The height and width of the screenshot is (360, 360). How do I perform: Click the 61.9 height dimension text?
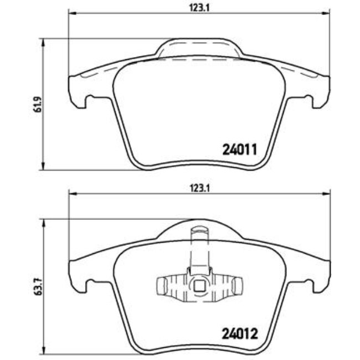click(x=37, y=104)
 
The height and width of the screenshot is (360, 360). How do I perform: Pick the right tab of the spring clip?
click(x=238, y=285)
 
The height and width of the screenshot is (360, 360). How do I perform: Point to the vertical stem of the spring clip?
click(x=199, y=246)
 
